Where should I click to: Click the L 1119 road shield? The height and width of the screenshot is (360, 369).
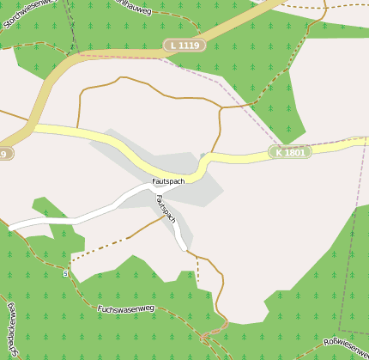(185, 45)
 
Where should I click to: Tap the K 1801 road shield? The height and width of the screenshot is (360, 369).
(289, 152)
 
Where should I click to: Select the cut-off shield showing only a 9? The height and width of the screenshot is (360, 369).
(5, 153)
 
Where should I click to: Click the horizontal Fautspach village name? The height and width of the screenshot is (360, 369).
(168, 181)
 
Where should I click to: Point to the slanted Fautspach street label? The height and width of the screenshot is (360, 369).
(165, 210)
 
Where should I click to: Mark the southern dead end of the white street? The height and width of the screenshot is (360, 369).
(184, 249)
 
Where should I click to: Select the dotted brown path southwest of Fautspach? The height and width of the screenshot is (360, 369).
(99, 249)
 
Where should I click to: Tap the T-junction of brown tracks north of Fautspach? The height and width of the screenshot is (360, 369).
(221, 107)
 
